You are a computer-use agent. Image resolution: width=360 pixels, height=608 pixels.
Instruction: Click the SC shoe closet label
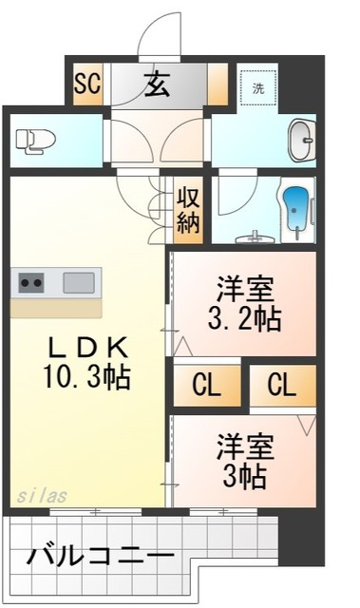[x=87, y=84]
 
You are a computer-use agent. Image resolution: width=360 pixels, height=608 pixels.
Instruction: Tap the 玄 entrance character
[x=157, y=85]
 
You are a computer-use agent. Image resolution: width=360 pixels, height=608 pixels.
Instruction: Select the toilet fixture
[x=36, y=141]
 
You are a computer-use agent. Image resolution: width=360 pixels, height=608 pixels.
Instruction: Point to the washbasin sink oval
[x=302, y=140]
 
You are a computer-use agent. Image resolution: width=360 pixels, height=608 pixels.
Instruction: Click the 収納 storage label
[x=188, y=211]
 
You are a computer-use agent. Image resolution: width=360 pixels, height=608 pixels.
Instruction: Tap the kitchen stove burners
[x=31, y=281]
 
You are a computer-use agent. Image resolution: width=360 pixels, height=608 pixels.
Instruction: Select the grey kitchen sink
[x=80, y=281]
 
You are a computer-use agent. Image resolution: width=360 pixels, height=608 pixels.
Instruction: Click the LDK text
[x=85, y=347]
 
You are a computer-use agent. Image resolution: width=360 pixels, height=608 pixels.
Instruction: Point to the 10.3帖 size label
[x=85, y=377]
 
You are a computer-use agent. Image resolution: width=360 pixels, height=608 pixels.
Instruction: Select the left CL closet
[x=206, y=385]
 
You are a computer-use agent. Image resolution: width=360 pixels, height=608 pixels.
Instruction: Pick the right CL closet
[x=281, y=385]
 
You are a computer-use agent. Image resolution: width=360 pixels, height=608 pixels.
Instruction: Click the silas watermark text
[x=40, y=496]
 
